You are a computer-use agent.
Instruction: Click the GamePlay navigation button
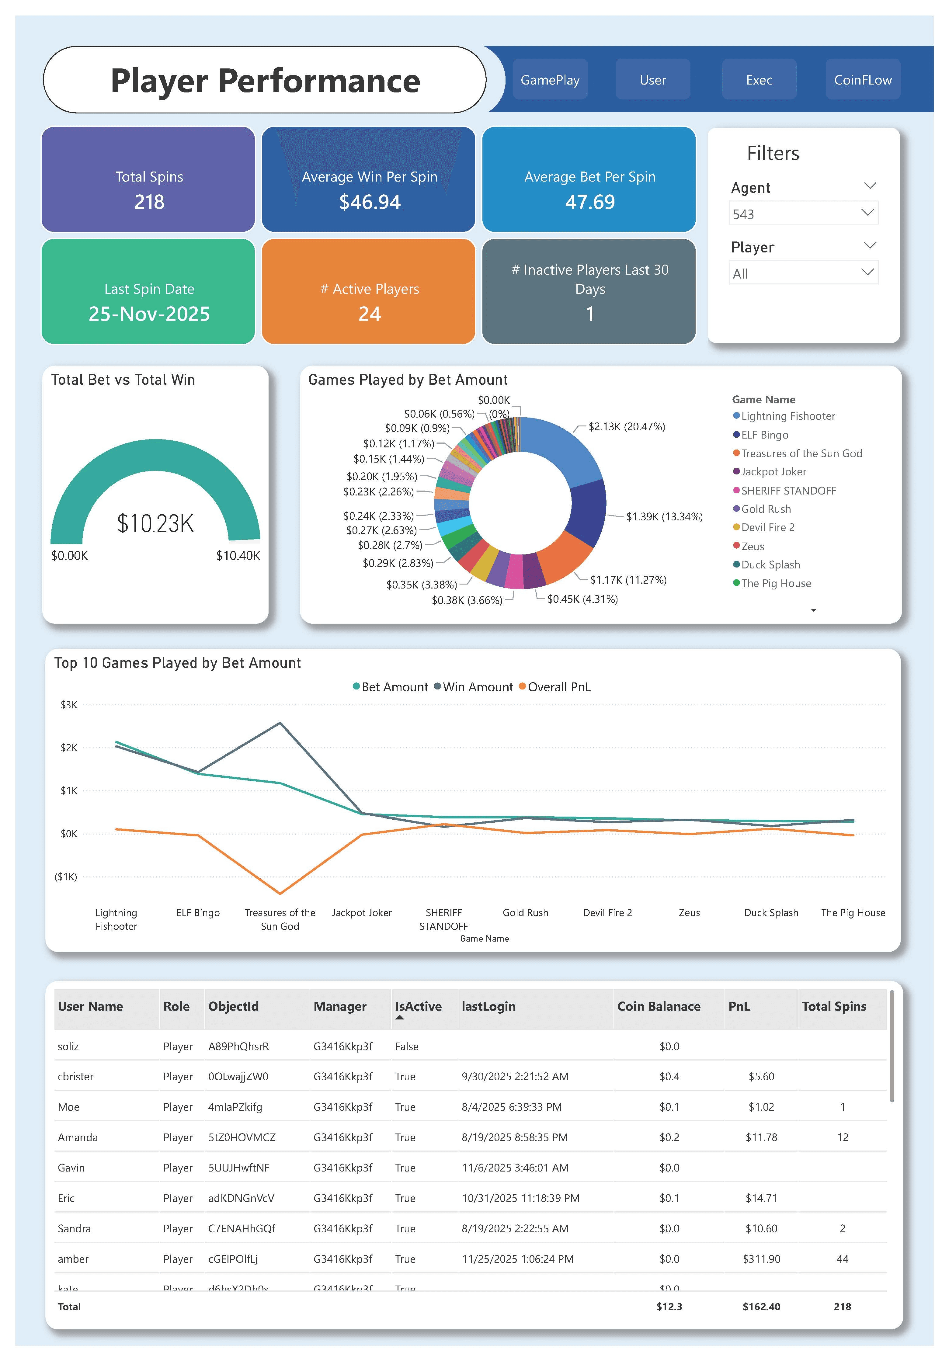[x=550, y=80]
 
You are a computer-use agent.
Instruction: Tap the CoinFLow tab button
[x=862, y=80]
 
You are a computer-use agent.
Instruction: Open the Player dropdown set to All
[x=803, y=273]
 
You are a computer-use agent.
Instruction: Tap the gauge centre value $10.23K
[x=155, y=523]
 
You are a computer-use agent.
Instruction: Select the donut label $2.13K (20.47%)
[x=627, y=427]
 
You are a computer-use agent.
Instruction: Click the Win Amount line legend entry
[x=477, y=687]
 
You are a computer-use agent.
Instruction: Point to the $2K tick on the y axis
[x=69, y=748]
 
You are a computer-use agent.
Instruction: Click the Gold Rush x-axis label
[x=525, y=913]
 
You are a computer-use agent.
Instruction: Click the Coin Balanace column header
[x=659, y=1006]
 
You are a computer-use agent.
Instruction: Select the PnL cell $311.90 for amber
[x=761, y=1259]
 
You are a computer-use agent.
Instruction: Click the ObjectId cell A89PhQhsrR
[x=238, y=1046]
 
